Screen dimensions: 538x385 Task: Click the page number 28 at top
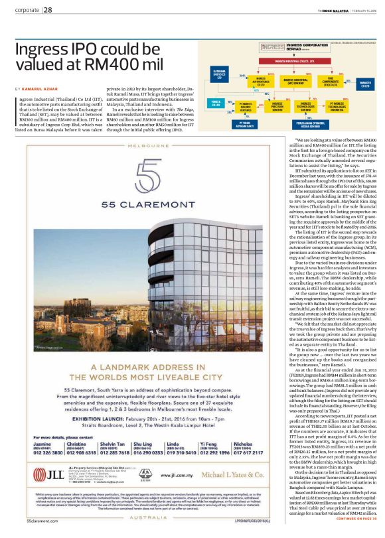point(48,10)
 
